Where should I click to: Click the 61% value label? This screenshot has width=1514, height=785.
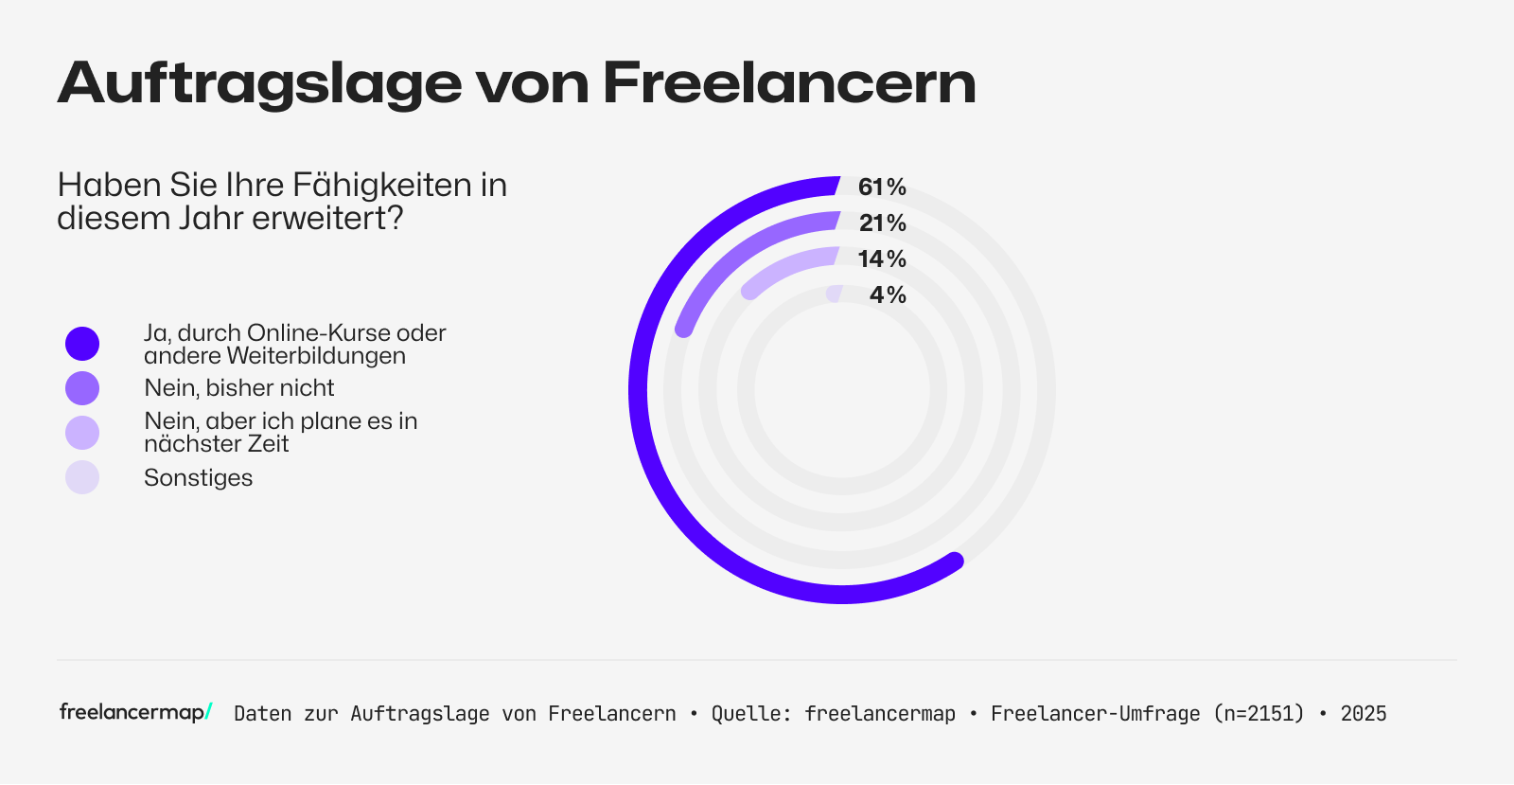[x=881, y=187]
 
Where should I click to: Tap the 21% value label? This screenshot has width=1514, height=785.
[x=882, y=223]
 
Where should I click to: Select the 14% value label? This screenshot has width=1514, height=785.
[x=881, y=259]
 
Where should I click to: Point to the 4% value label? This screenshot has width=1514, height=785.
[x=888, y=295]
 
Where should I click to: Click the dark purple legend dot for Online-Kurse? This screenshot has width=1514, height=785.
[x=82, y=344]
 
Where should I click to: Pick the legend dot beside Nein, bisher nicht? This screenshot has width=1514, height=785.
[x=82, y=388]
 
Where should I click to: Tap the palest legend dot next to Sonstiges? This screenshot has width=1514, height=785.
[x=82, y=477]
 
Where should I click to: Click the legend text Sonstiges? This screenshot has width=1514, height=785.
[x=198, y=477]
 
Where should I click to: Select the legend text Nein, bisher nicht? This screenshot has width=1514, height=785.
[x=238, y=388]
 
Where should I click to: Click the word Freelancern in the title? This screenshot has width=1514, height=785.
[x=789, y=82]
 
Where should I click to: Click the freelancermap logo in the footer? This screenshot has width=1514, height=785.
[x=135, y=712]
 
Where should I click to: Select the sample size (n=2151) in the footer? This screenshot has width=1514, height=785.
[x=1259, y=714]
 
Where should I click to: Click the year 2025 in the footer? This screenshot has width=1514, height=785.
[x=1363, y=714]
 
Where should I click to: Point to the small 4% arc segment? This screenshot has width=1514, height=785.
[x=834, y=294]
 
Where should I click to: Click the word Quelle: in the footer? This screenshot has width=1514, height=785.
[x=751, y=714]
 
